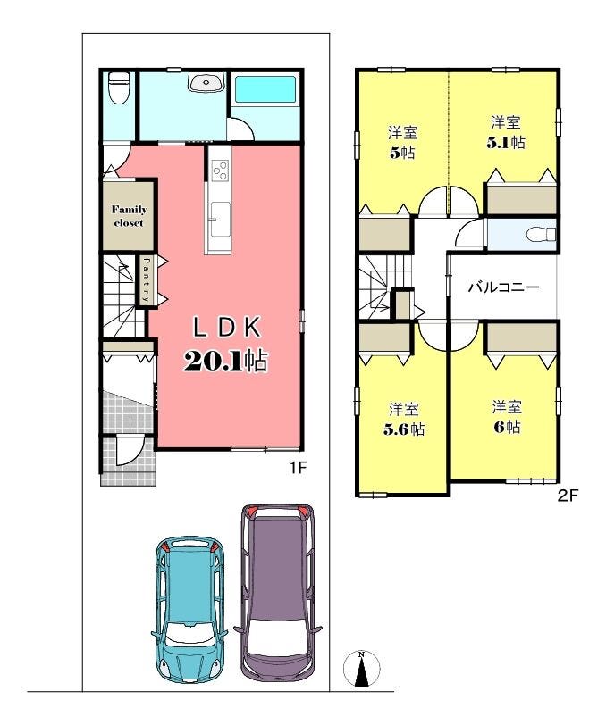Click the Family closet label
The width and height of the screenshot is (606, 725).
tap(129, 216)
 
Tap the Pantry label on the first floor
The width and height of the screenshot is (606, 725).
tap(146, 280)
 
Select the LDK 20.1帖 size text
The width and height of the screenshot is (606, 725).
tap(226, 361)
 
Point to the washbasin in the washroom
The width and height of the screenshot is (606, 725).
tap(206, 82)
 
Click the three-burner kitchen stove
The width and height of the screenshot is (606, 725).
tap(221, 170)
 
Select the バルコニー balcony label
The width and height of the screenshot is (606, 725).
tap(504, 287)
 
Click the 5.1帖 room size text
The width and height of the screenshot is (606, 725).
tap(506, 142)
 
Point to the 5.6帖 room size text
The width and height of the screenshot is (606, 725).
tap(404, 429)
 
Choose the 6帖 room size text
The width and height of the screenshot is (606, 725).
tap(508, 427)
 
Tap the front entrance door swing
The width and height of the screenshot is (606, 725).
tap(127, 451)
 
